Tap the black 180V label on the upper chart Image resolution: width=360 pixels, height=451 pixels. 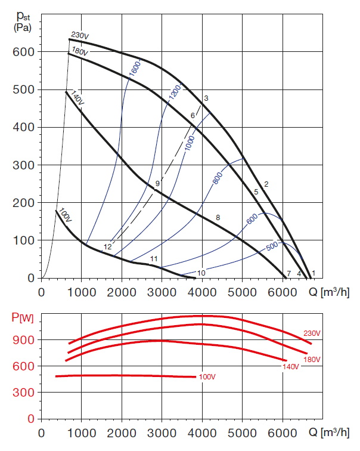80,52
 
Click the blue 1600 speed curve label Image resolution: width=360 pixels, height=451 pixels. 134,70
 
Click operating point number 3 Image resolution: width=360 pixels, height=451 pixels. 206,98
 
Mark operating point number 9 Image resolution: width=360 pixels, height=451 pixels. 157,183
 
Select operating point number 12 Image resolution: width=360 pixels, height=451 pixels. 107,246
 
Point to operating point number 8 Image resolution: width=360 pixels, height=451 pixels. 218,218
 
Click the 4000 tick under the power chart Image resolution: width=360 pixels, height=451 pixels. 202,432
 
